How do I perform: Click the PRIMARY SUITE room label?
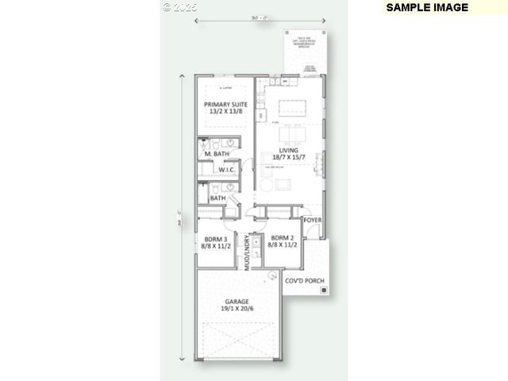[x=225, y=105]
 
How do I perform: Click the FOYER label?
[x=313, y=219]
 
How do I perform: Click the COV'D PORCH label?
[x=306, y=281]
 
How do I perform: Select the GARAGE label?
[x=238, y=302]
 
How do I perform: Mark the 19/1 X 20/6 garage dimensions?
[x=238, y=310]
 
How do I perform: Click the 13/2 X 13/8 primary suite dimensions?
[x=225, y=113]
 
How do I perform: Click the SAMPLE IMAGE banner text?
[x=428, y=7]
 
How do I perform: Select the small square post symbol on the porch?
[x=325, y=291]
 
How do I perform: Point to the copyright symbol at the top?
[x=167, y=6]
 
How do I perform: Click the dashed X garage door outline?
[x=239, y=344]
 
